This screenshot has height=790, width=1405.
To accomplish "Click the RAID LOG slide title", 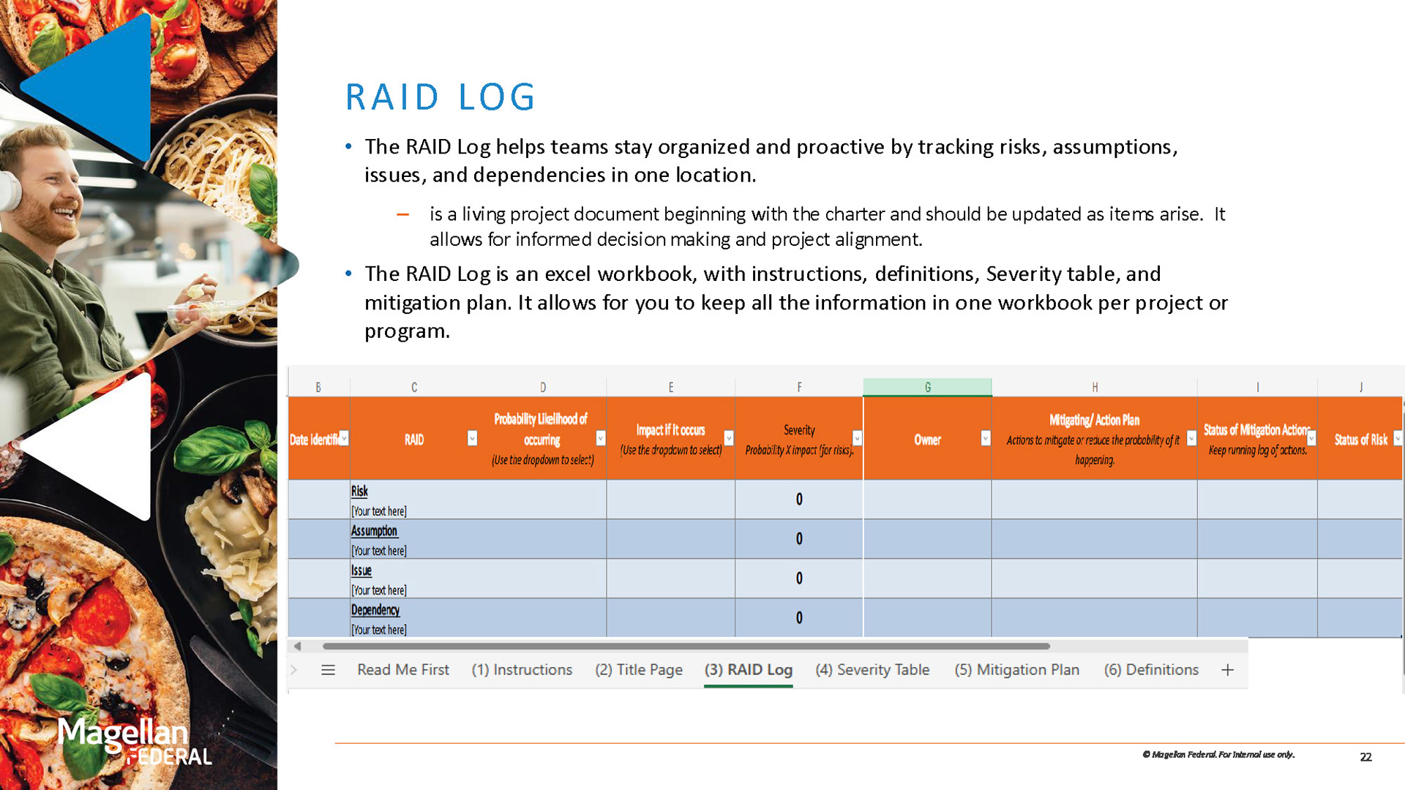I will [441, 97].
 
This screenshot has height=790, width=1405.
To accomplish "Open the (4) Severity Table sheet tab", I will [872, 669].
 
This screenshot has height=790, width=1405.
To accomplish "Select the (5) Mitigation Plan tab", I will [1016, 669].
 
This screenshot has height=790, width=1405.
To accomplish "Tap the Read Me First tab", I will [402, 669].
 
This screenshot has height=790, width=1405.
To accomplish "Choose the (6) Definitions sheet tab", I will [1151, 669].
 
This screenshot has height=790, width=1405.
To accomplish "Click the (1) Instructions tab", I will [522, 669].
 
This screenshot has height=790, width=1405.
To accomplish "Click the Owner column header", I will [927, 440].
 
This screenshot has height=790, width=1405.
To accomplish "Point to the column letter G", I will [927, 387].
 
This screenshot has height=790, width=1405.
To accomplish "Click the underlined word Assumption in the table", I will [374, 531].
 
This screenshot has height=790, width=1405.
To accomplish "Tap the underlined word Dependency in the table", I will [375, 610].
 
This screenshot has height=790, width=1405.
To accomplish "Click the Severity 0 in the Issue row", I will [799, 579].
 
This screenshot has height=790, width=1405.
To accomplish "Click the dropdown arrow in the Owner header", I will [985, 438].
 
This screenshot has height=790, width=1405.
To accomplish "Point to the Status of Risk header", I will [1360, 440].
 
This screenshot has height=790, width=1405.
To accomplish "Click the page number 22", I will [1365, 757].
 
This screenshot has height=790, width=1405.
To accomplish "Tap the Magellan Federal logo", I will [135, 741].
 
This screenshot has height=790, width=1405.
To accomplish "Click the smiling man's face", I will [48, 183].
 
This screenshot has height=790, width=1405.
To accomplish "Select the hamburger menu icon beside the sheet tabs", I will [328, 670].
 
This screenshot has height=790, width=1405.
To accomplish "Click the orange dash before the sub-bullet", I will [402, 214].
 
